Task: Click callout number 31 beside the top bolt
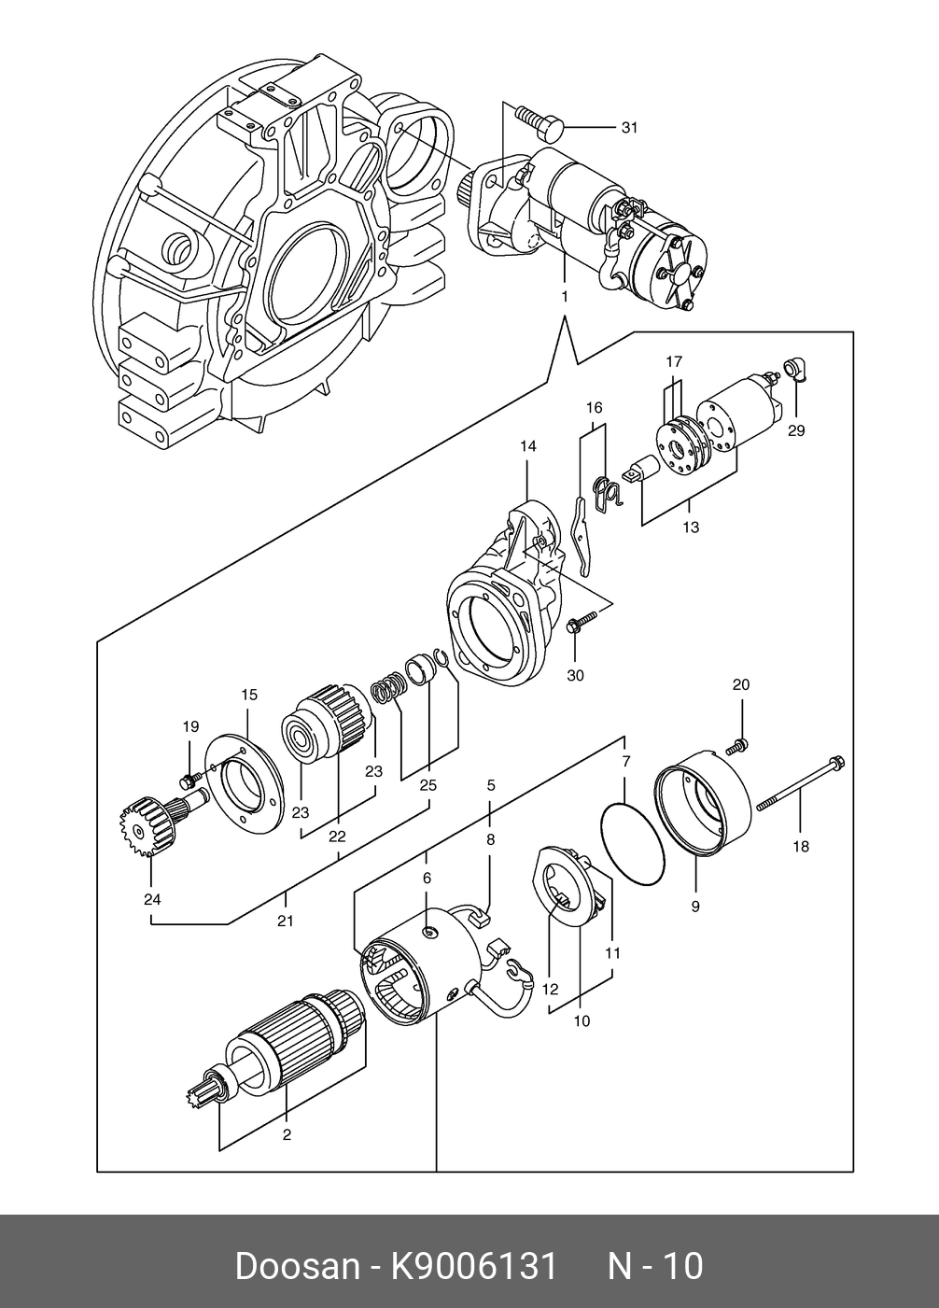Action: [x=628, y=127]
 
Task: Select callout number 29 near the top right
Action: [x=796, y=430]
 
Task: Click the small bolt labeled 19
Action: [x=189, y=779]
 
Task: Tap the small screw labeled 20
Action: [x=738, y=746]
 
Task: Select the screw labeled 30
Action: [x=582, y=621]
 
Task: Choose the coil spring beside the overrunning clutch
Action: [x=387, y=689]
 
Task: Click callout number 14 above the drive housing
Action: [x=528, y=446]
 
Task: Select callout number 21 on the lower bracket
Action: [x=285, y=921]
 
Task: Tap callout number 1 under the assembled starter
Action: [x=564, y=297]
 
